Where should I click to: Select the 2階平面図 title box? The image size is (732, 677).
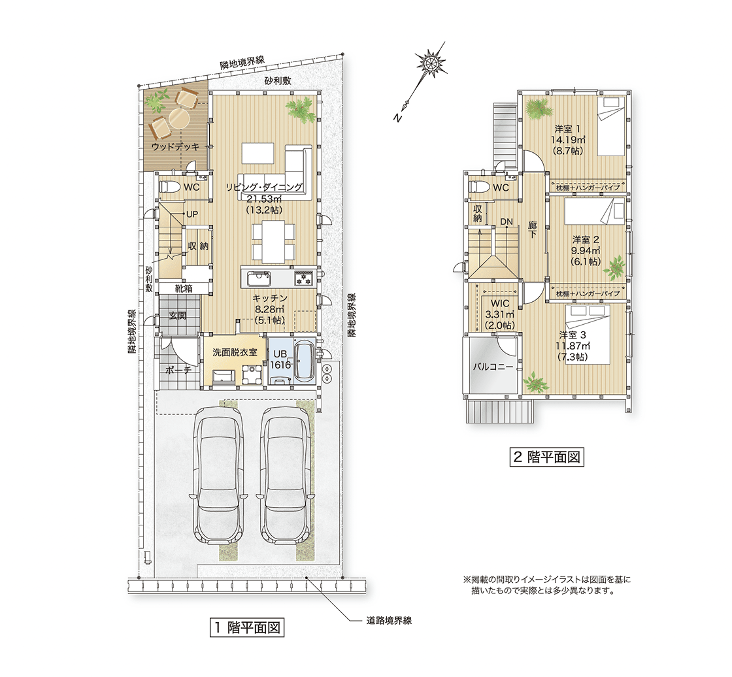[x=546, y=457]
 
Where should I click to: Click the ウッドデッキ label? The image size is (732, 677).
[x=175, y=146]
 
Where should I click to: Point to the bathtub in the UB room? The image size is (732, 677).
[x=305, y=361]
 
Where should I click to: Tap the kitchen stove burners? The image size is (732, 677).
[x=305, y=279]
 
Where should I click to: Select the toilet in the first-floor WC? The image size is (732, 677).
[x=167, y=188]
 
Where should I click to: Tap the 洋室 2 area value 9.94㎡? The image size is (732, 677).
[x=586, y=251]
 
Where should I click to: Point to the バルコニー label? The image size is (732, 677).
[x=493, y=367]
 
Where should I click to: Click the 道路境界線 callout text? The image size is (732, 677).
[x=388, y=621]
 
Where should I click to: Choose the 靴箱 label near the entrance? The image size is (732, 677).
[x=184, y=289]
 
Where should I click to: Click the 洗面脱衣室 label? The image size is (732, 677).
[x=235, y=352]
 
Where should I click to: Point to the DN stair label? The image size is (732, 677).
[x=507, y=222]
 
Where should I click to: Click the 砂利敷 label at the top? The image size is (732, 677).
[x=278, y=81]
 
